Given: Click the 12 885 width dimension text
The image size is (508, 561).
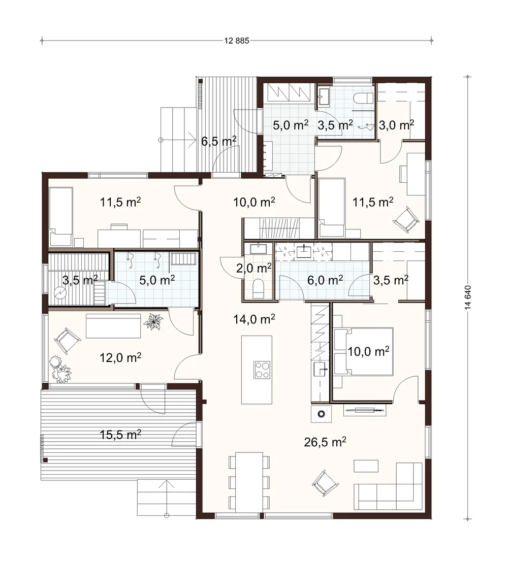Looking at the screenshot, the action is pos(237,41).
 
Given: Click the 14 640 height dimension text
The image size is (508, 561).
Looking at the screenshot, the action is pos(468,298).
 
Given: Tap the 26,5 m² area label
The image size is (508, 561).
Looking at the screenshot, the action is pos(325,442).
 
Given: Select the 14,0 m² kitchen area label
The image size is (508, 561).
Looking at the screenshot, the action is pos(254,318).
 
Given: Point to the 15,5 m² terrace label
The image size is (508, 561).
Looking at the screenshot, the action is pos(120,435).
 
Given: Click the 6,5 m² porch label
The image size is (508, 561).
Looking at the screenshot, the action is pos(219,141).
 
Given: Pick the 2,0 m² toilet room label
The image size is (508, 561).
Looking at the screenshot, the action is pos(254,268).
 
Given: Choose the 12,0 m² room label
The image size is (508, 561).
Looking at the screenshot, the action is pos(120,357).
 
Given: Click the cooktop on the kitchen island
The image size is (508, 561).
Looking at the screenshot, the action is pos(262,370).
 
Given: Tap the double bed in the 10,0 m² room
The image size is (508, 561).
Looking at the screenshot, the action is pos(363,351).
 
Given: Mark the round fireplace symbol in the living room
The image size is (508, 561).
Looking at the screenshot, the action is pos(322,414).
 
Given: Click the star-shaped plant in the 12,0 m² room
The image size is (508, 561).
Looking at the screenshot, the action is pos(153,321).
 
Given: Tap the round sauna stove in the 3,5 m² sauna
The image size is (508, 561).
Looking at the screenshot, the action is pos(60,293).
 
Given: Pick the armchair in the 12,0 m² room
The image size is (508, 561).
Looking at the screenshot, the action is pos(66,341).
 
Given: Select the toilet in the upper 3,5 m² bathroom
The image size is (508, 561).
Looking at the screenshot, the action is pos(363,97).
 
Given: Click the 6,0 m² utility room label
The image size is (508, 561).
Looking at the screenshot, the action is pos(325,280).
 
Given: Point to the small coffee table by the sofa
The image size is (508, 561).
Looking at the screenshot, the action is pos(366,466).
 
